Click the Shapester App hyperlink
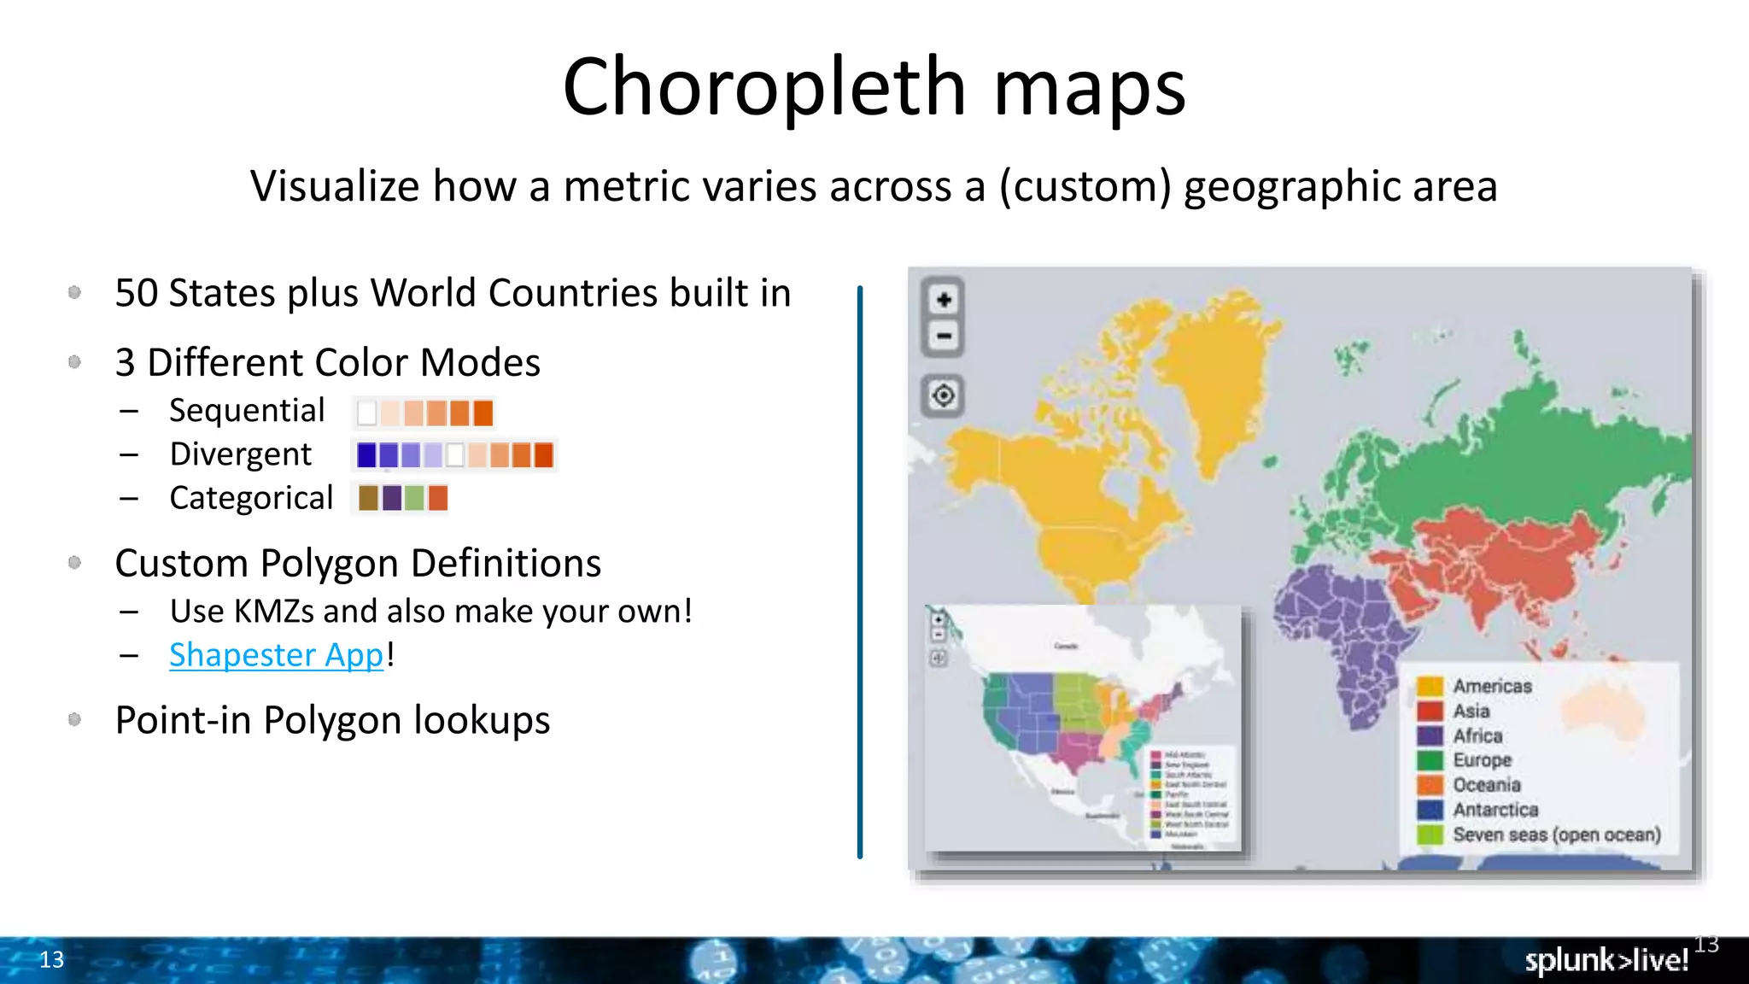(276, 655)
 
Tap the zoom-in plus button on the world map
(944, 300)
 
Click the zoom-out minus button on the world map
(944, 336)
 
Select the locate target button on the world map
(944, 395)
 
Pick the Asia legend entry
(1471, 711)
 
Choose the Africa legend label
(1477, 735)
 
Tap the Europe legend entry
(1482, 760)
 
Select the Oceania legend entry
(1486, 785)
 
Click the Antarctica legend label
(1495, 810)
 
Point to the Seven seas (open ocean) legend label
(1556, 835)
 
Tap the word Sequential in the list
(247, 411)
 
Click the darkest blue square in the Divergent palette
(366, 455)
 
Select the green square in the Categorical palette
(414, 498)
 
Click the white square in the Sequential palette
(367, 413)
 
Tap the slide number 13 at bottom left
(51, 960)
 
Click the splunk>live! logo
(1606, 961)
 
